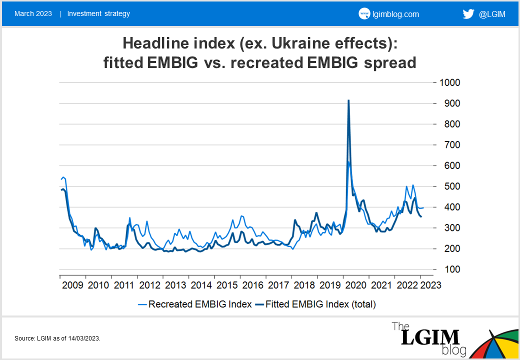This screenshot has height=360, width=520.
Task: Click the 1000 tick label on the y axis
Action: pos(450,82)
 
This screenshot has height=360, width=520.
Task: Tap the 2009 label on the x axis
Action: pos(73,285)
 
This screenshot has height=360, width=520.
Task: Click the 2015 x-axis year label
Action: pos(227,285)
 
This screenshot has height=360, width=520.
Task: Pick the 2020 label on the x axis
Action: pos(355,285)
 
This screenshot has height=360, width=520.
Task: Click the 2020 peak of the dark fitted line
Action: pos(348,100)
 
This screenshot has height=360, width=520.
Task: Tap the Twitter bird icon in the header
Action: pos(468,14)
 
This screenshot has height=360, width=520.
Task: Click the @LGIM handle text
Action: pos(492,14)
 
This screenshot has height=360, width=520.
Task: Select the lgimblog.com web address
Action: pos(395,14)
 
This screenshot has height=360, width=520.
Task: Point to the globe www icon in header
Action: pos(364,14)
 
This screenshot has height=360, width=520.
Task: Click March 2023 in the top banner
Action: pos(33,13)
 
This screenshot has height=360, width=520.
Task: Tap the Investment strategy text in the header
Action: pos(98,13)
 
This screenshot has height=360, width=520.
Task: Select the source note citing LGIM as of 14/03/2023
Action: pos(57,338)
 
